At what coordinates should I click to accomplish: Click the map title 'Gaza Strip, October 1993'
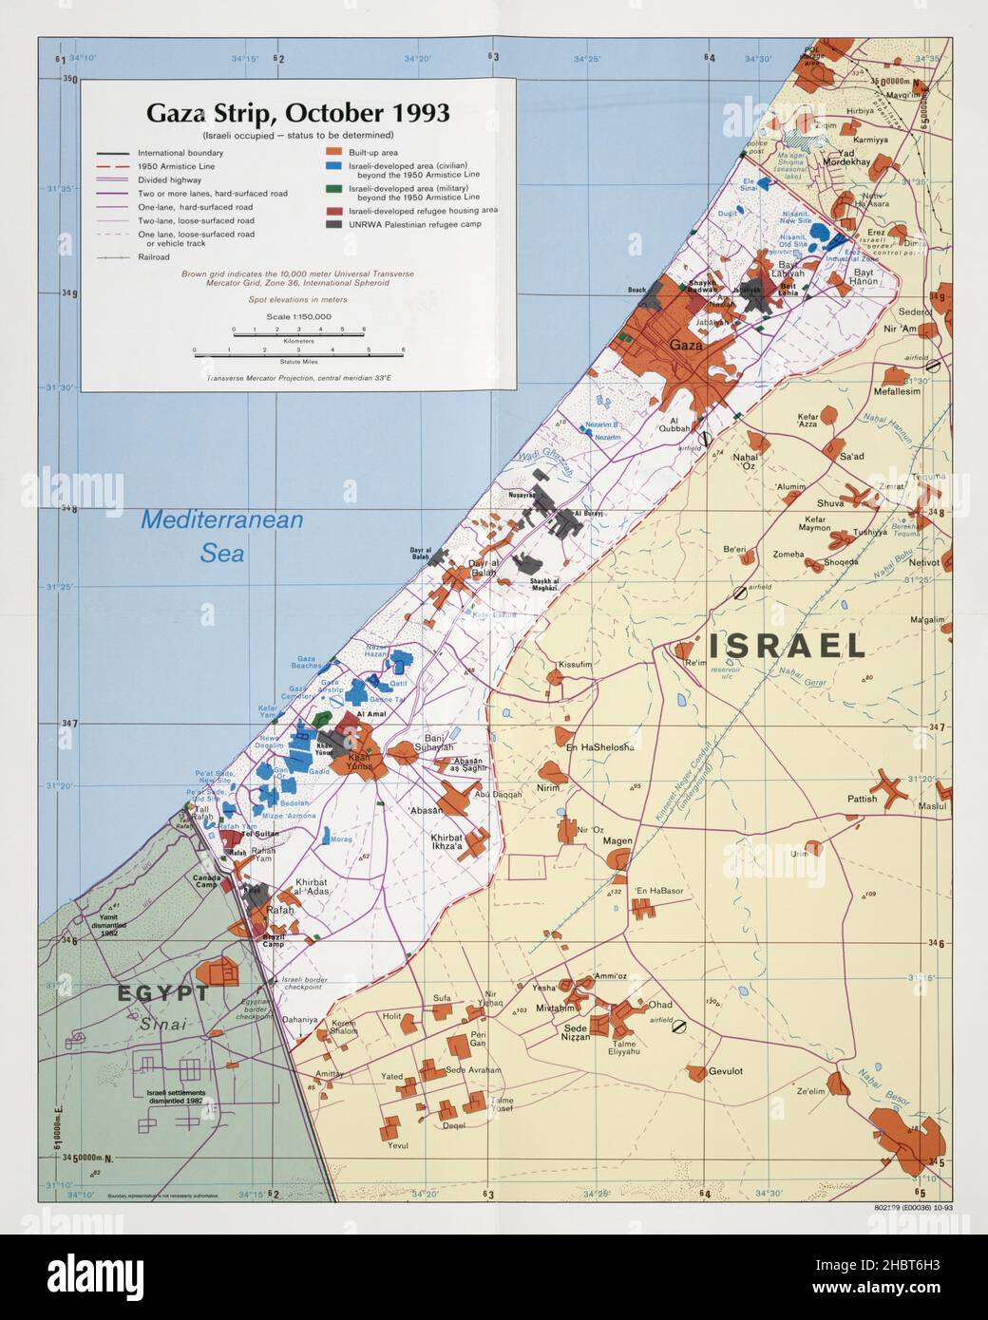[297, 113]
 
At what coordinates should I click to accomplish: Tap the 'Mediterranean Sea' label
[221, 536]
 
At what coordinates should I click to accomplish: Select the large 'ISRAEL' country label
[784, 646]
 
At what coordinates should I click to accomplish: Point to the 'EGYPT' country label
[162, 993]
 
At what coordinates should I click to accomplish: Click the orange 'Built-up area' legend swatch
[333, 152]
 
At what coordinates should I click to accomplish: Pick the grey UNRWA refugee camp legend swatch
[333, 223]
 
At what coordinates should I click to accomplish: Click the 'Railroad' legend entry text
[154, 256]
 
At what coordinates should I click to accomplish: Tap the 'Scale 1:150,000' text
[298, 316]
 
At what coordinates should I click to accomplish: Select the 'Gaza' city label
[685, 345]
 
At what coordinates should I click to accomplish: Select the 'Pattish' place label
[863, 799]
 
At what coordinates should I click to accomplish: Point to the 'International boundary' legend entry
[180, 152]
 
